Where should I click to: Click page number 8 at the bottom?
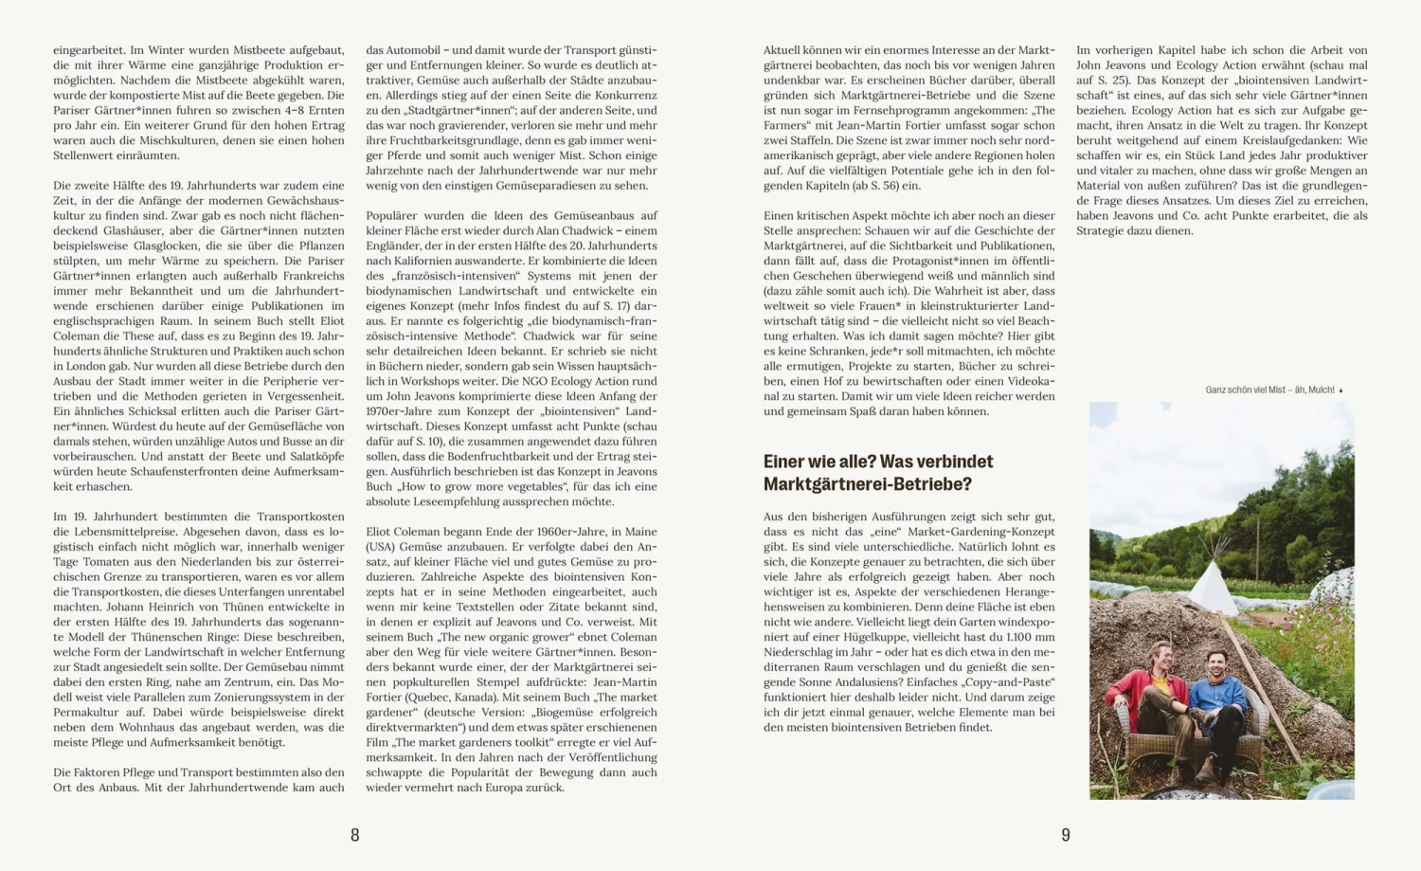tap(355, 835)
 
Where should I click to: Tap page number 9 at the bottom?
tap(1066, 835)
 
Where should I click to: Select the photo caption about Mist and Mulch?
tap(1269, 390)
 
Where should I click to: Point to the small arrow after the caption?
tap(1340, 390)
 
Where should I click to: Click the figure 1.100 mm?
tap(1022, 637)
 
